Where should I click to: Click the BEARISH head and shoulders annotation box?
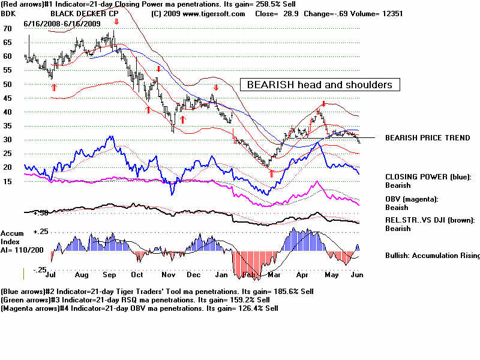320,85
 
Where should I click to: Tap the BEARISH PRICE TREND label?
427,137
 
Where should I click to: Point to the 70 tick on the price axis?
7,28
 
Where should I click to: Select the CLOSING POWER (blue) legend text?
428,177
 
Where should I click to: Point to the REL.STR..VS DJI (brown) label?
430,220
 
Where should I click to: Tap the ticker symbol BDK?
9,13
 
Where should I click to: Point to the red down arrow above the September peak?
116,22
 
